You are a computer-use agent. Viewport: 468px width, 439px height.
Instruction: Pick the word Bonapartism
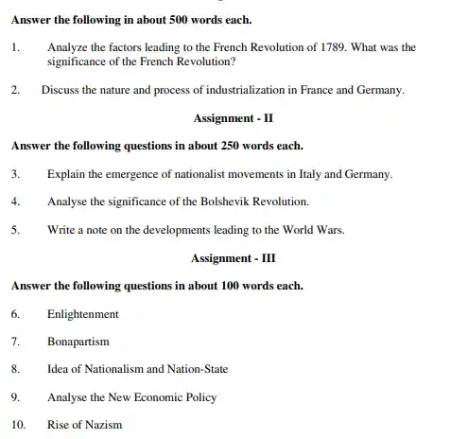(x=78, y=341)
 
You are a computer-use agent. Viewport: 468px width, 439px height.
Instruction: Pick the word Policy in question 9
(x=199, y=396)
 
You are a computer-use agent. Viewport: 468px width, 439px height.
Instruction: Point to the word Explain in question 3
(x=65, y=174)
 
